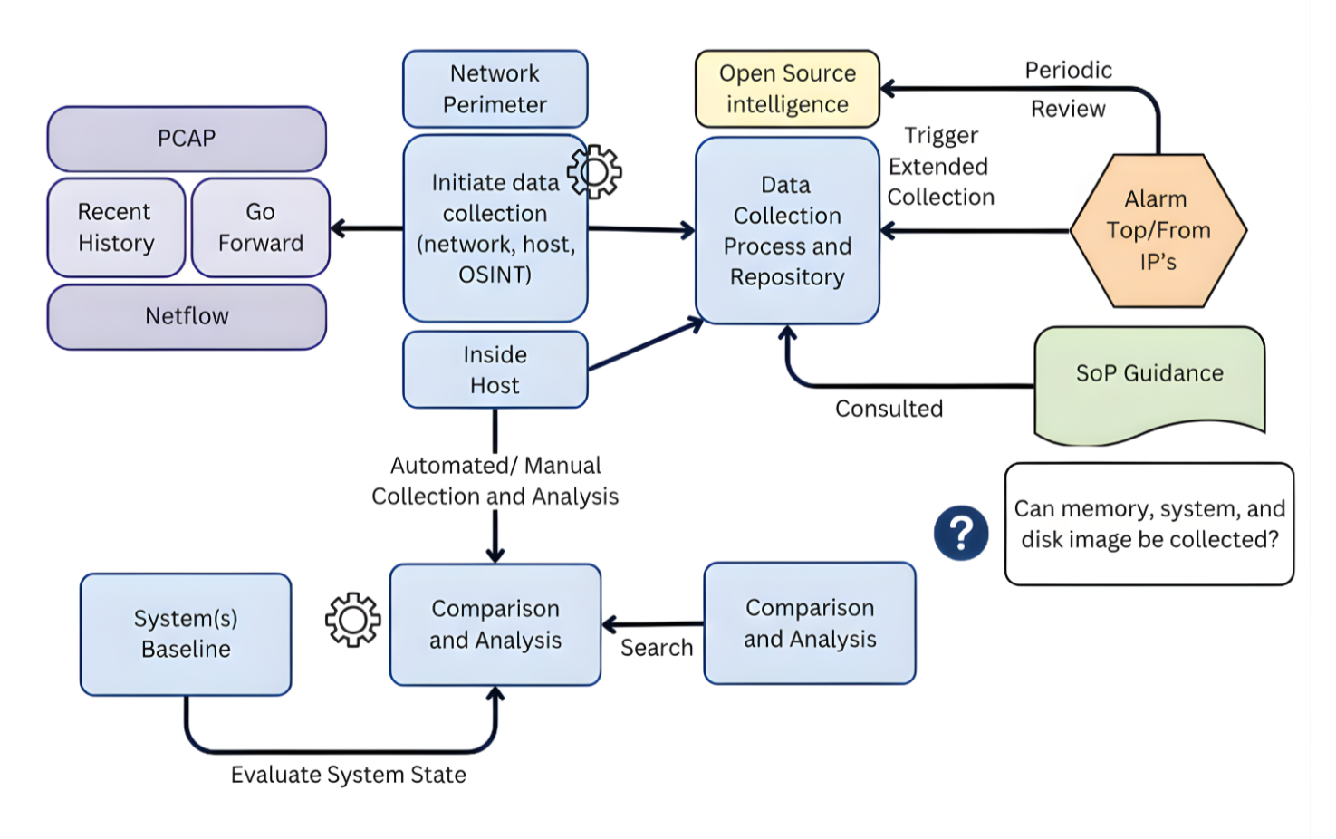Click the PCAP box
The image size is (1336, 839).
[x=187, y=139]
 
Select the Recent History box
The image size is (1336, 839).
[x=116, y=227]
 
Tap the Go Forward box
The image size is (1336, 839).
[x=261, y=227]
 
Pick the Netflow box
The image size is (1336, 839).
[x=187, y=316]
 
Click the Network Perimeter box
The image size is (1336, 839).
[x=495, y=89]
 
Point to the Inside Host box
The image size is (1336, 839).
[x=495, y=370]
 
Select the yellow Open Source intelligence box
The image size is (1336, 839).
[x=787, y=89]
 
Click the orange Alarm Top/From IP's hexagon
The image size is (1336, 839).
[x=1158, y=230]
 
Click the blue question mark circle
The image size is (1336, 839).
[x=961, y=533]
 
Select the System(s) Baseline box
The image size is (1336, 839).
[x=186, y=634]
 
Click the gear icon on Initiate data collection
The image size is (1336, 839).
[x=594, y=171]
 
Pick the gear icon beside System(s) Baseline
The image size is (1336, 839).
[x=352, y=620]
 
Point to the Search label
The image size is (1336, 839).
[x=657, y=648]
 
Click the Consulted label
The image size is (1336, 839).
[x=889, y=409]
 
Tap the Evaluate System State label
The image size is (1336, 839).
[x=349, y=775]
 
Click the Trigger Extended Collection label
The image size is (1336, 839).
[x=940, y=167]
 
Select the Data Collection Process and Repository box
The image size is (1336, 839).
[x=787, y=231]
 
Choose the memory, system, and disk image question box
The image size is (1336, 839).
[x=1149, y=524]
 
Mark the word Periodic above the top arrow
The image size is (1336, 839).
[x=1069, y=71]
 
